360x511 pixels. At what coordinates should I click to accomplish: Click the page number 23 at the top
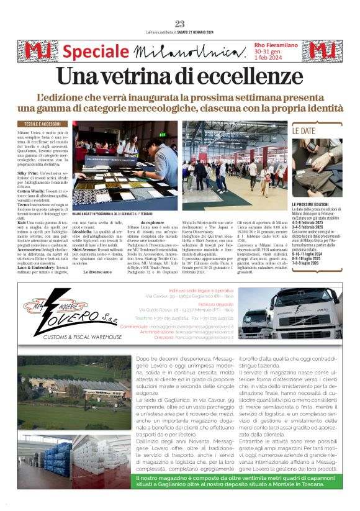pyautogui.click(x=180, y=24)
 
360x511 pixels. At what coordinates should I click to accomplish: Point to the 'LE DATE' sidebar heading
pyautogui.click(x=304, y=131)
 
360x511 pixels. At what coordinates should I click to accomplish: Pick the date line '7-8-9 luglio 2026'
pyautogui.click(x=311, y=263)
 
